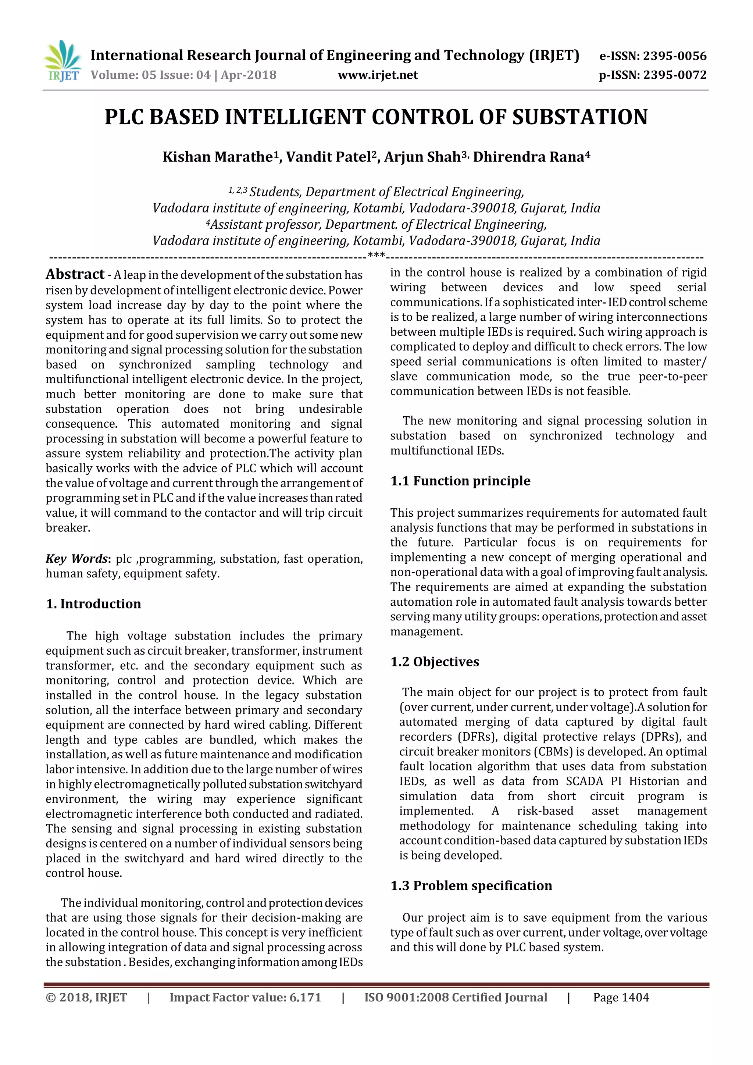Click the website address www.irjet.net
tap(378, 75)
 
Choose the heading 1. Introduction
tap(93, 603)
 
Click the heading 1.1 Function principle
tap(460, 481)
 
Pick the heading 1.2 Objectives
tap(435, 662)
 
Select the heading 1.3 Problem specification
tap(471, 886)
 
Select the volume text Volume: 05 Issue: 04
tap(150, 75)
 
